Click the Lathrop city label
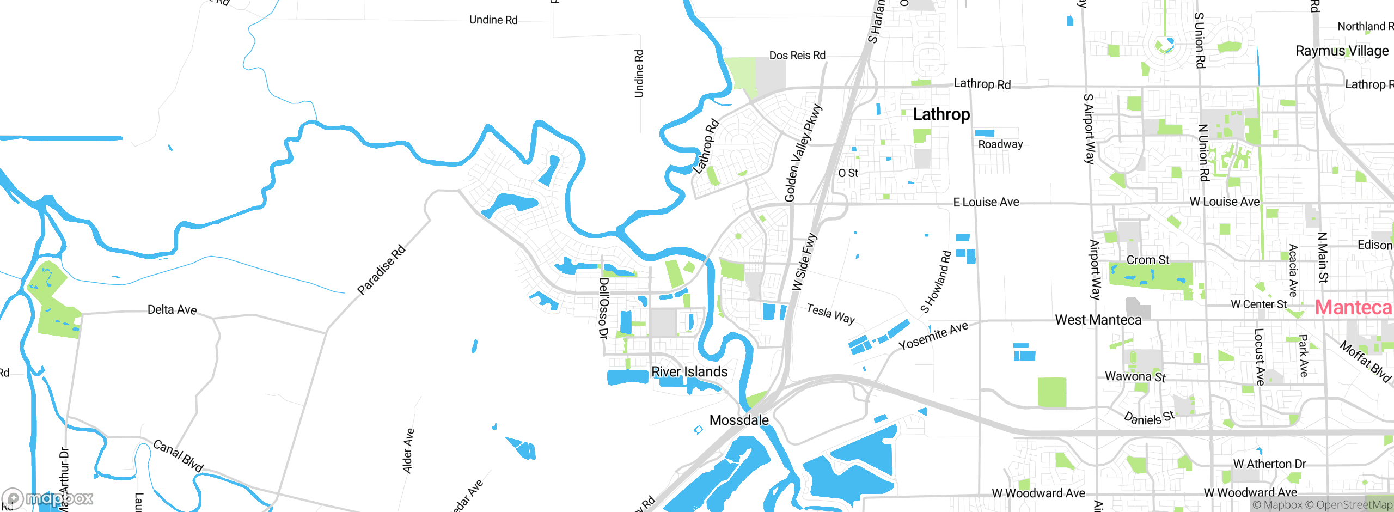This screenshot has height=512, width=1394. [x=941, y=114]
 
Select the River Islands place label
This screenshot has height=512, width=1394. [x=689, y=371]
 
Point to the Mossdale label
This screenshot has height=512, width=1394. [x=739, y=420]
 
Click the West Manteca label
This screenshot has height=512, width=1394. [x=1098, y=320]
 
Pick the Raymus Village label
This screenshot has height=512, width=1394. [x=1342, y=51]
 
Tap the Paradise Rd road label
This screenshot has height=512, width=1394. [x=381, y=270]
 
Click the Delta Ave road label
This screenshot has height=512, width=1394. [x=172, y=309]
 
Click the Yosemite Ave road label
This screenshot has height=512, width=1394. [x=933, y=336]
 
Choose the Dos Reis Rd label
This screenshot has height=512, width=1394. [x=797, y=55]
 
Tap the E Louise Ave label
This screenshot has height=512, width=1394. [x=986, y=202]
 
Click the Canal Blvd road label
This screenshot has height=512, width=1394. [x=178, y=455]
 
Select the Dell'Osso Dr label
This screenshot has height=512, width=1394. [x=603, y=308]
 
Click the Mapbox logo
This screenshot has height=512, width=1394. [x=48, y=498]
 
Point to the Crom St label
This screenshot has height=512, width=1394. [x=1147, y=260]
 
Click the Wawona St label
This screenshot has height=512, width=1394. [x=1135, y=376]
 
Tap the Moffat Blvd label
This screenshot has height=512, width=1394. [x=1365, y=362]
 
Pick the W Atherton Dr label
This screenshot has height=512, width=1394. [x=1269, y=464]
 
